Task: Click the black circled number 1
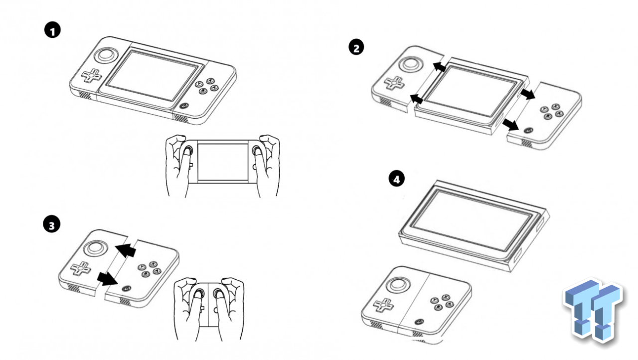52,30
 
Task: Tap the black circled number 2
356,47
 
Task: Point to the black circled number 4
396,179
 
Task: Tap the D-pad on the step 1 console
91,75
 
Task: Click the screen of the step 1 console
153,75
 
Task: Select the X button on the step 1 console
210,81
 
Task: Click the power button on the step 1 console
184,106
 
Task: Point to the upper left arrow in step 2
440,67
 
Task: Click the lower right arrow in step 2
510,125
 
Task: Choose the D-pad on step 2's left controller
394,83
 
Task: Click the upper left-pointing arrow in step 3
126,250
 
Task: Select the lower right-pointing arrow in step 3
107,279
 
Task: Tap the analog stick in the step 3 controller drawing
95,248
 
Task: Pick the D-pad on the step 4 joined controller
383,305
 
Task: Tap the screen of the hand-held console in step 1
223,162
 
